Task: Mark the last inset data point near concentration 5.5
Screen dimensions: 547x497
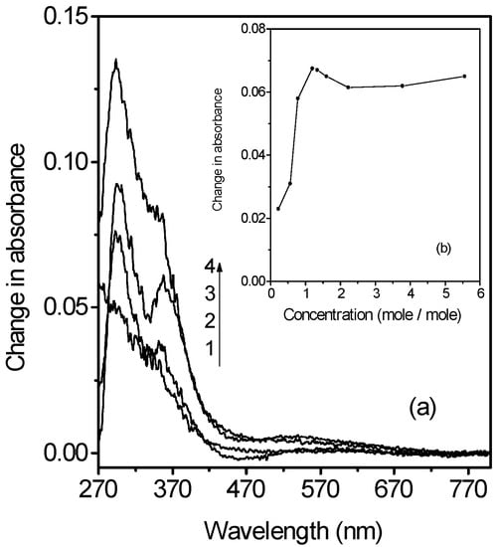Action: click(x=464, y=76)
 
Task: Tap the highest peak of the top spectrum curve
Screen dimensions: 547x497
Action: click(x=116, y=61)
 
